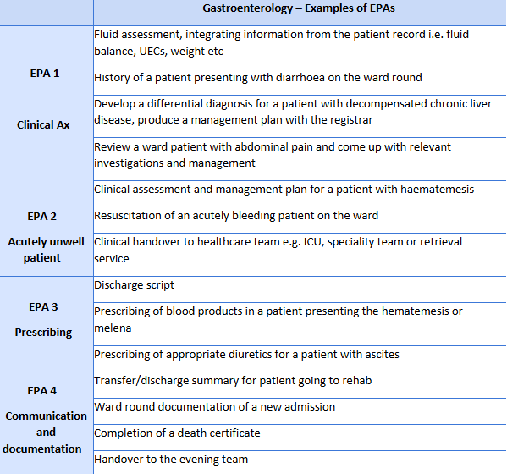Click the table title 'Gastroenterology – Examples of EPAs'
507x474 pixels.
[300, 8]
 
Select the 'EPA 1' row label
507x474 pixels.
[44, 74]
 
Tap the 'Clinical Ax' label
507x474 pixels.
[44, 124]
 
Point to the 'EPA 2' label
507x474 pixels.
[44, 217]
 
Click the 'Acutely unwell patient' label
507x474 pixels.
[46, 250]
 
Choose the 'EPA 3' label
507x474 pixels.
[44, 307]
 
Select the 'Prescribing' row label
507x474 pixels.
[44, 333]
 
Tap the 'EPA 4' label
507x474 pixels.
[44, 391]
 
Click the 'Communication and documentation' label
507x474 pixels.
[46, 432]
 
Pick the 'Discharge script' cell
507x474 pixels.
[135, 285]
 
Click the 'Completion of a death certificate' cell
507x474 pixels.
[177, 433]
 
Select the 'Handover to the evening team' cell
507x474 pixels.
[171, 460]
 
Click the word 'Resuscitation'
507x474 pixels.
[129, 216]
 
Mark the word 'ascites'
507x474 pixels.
[380, 354]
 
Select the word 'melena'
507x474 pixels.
[113, 328]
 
